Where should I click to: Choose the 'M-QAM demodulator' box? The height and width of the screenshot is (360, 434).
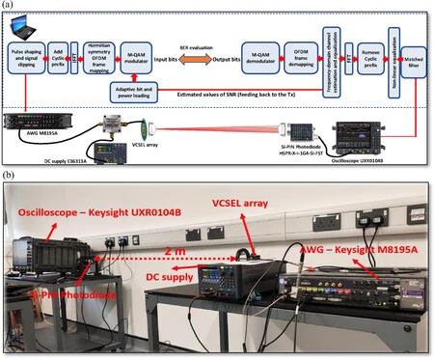257,58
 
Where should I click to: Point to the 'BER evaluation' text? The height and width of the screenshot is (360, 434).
198,45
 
